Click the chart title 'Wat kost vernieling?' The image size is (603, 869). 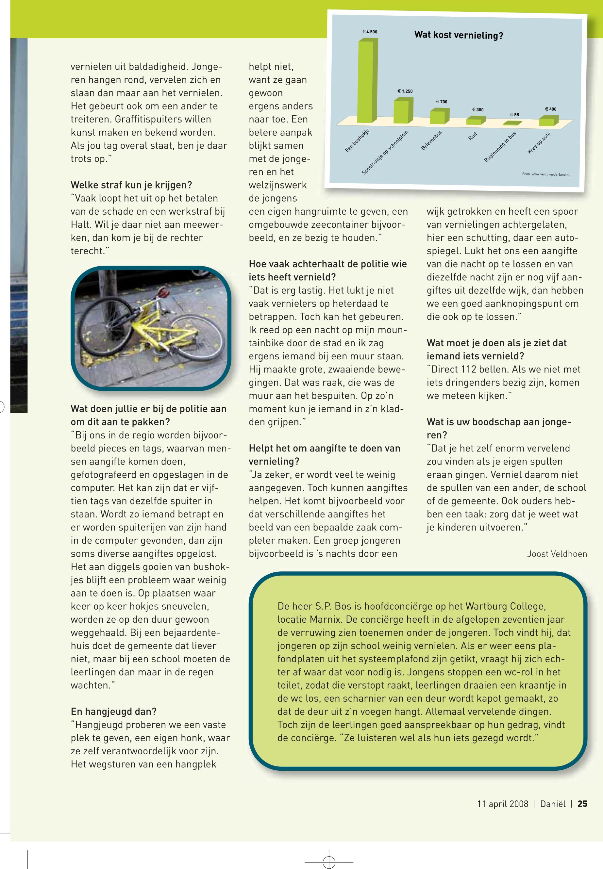click(x=458, y=36)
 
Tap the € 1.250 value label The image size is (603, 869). click(x=405, y=91)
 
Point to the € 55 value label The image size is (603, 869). click(x=514, y=114)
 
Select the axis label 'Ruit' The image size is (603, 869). click(x=473, y=136)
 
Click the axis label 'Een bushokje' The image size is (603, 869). click(x=357, y=141)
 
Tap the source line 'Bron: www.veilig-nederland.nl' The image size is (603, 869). click(x=545, y=174)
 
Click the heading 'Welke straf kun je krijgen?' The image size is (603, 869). click(x=131, y=185)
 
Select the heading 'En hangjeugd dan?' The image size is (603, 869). click(x=113, y=712)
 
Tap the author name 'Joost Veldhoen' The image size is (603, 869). click(x=557, y=554)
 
